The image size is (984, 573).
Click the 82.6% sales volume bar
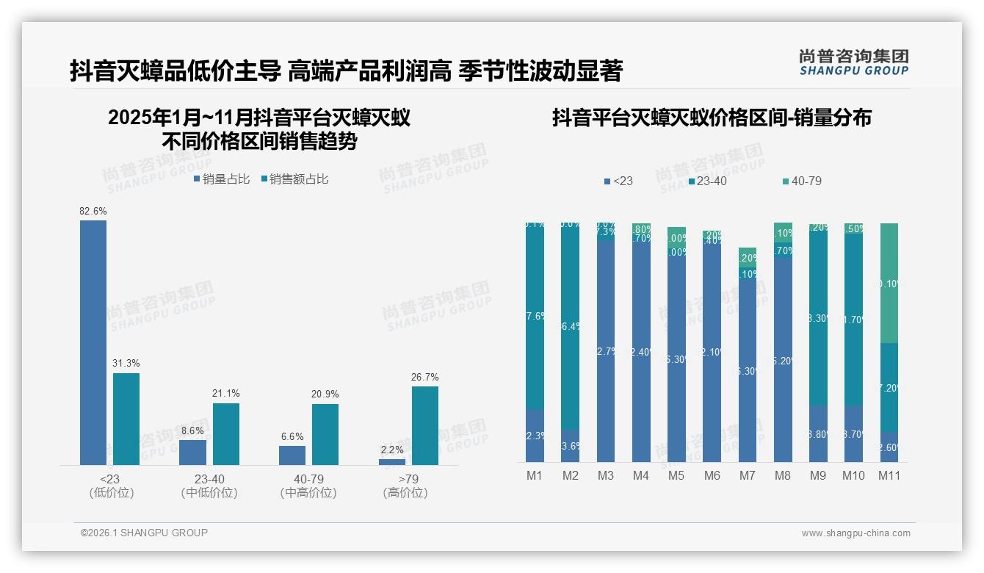tap(93, 342)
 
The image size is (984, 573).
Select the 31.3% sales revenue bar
tap(126, 419)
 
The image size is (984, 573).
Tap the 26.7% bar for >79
tap(424, 425)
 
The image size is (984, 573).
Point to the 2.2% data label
tap(392, 450)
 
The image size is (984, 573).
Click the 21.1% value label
tap(226, 394)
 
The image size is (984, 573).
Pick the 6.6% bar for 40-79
tap(292, 455)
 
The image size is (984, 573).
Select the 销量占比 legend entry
tap(222, 179)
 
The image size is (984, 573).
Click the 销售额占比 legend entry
tap(294, 179)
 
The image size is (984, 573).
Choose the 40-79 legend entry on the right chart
tap(801, 181)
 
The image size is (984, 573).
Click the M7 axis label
tap(747, 476)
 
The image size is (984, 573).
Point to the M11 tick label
tap(889, 476)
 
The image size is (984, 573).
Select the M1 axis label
tap(535, 476)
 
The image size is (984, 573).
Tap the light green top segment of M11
tap(889, 283)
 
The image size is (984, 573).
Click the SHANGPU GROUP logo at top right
tap(854, 62)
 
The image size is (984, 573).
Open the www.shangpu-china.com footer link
tap(855, 533)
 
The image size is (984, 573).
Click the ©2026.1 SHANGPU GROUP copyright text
tap(144, 533)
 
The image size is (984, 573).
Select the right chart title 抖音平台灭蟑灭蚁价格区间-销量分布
tap(712, 118)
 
